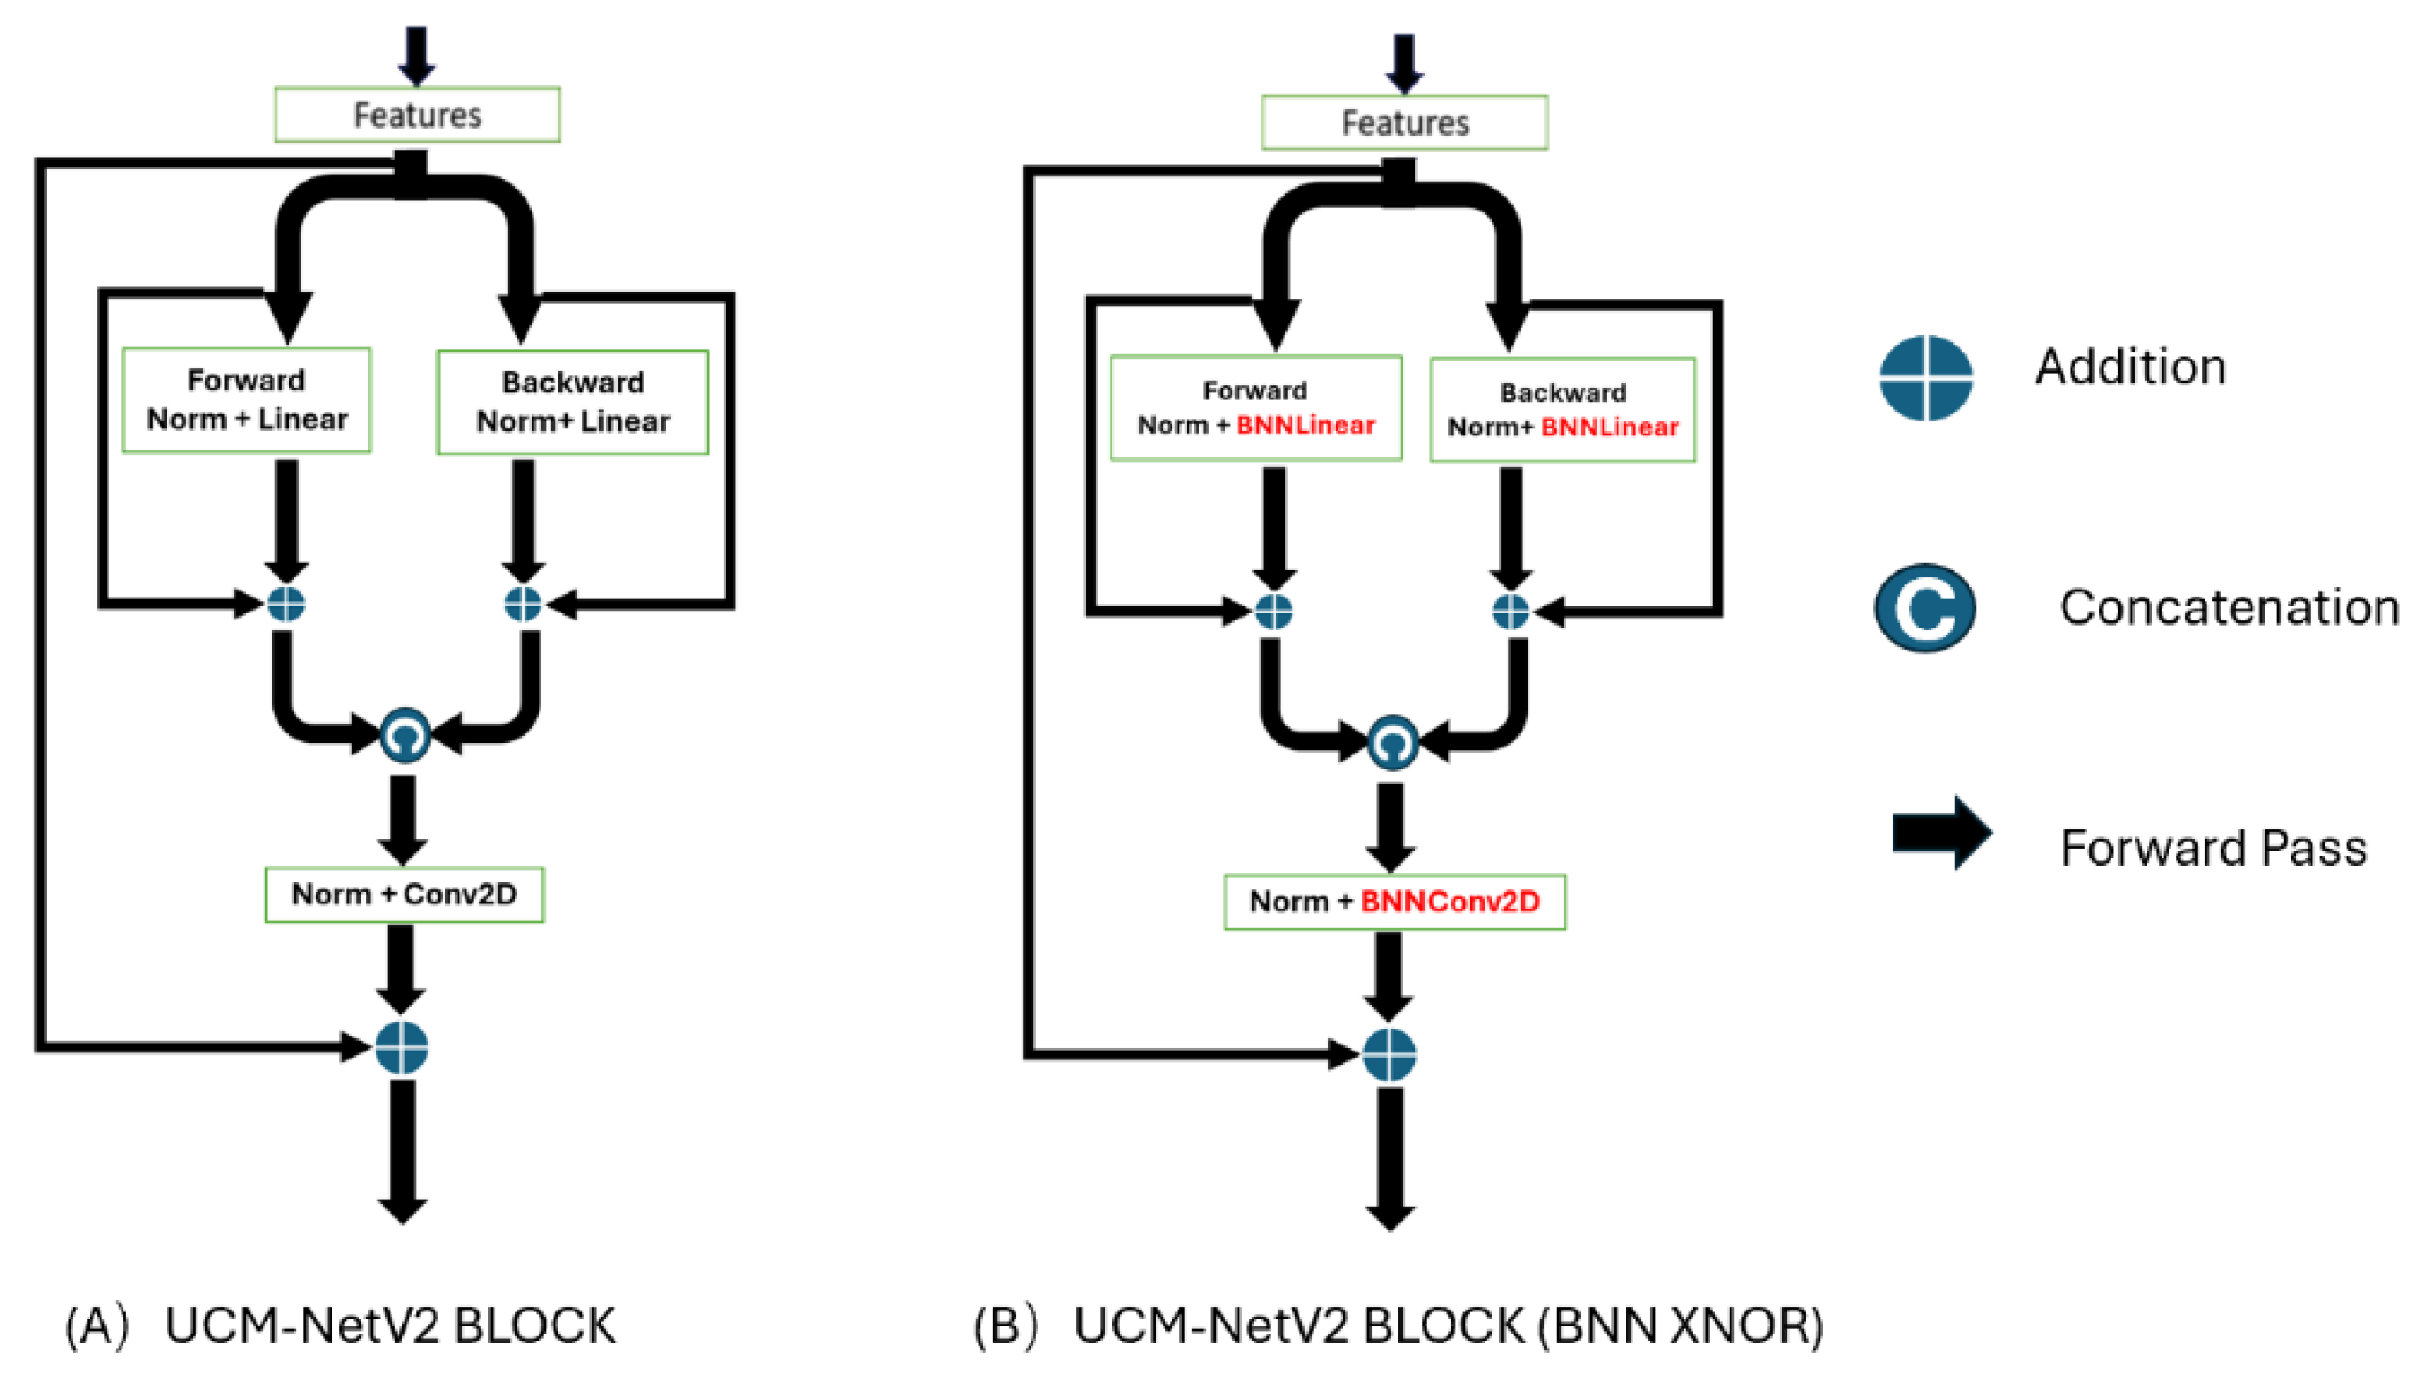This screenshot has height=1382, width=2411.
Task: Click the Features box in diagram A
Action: click(x=417, y=115)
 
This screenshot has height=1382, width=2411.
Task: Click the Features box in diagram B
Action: click(x=1404, y=123)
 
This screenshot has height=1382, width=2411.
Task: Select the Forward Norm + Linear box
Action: click(x=247, y=399)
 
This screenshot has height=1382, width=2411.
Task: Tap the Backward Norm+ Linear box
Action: click(x=572, y=402)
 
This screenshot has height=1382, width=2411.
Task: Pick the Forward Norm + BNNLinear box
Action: click(x=1256, y=408)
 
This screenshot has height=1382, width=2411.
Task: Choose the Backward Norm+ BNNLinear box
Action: click(x=1562, y=410)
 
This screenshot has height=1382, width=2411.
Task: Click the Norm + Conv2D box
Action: click(x=405, y=894)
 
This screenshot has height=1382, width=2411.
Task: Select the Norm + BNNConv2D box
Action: click(x=1395, y=902)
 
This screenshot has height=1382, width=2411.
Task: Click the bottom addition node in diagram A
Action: click(x=401, y=1048)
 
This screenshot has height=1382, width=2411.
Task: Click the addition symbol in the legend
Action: click(x=1926, y=378)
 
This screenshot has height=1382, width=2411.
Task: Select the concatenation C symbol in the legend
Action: click(x=1925, y=608)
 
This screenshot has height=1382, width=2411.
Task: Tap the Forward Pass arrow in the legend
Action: click(x=1941, y=832)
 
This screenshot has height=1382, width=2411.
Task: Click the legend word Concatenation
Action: click(x=2229, y=607)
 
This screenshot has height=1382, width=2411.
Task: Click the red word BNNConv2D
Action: click(x=1449, y=902)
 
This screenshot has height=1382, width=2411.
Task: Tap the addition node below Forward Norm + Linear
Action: click(x=286, y=604)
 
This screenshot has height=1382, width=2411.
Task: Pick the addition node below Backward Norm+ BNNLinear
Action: click(x=1510, y=612)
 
